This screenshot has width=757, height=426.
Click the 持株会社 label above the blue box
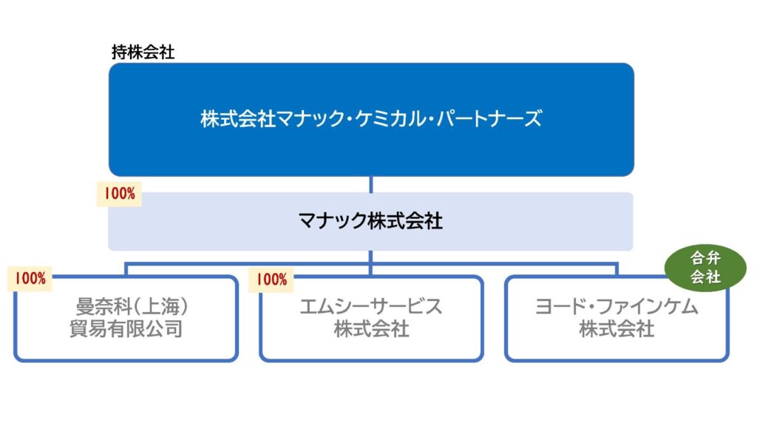(x=143, y=53)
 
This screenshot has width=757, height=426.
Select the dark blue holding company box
(x=371, y=119)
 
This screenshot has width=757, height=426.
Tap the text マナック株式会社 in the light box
(x=370, y=220)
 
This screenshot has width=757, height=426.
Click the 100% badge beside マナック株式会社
(x=119, y=194)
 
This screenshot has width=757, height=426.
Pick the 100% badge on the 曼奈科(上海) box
(x=30, y=279)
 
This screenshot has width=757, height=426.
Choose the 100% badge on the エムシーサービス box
(x=271, y=280)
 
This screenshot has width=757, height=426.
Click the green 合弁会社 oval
(x=705, y=268)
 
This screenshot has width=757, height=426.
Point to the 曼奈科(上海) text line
(x=132, y=306)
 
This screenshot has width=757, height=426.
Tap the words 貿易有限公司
(x=126, y=329)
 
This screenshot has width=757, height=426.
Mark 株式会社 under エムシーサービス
(x=371, y=329)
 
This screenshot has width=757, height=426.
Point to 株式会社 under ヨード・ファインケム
(x=617, y=329)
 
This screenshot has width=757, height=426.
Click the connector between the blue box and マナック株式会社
(x=371, y=184)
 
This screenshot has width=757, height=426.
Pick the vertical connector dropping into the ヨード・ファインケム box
(x=617, y=269)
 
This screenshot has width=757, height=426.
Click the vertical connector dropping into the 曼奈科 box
(x=126, y=269)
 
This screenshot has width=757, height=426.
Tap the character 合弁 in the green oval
(x=705, y=258)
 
